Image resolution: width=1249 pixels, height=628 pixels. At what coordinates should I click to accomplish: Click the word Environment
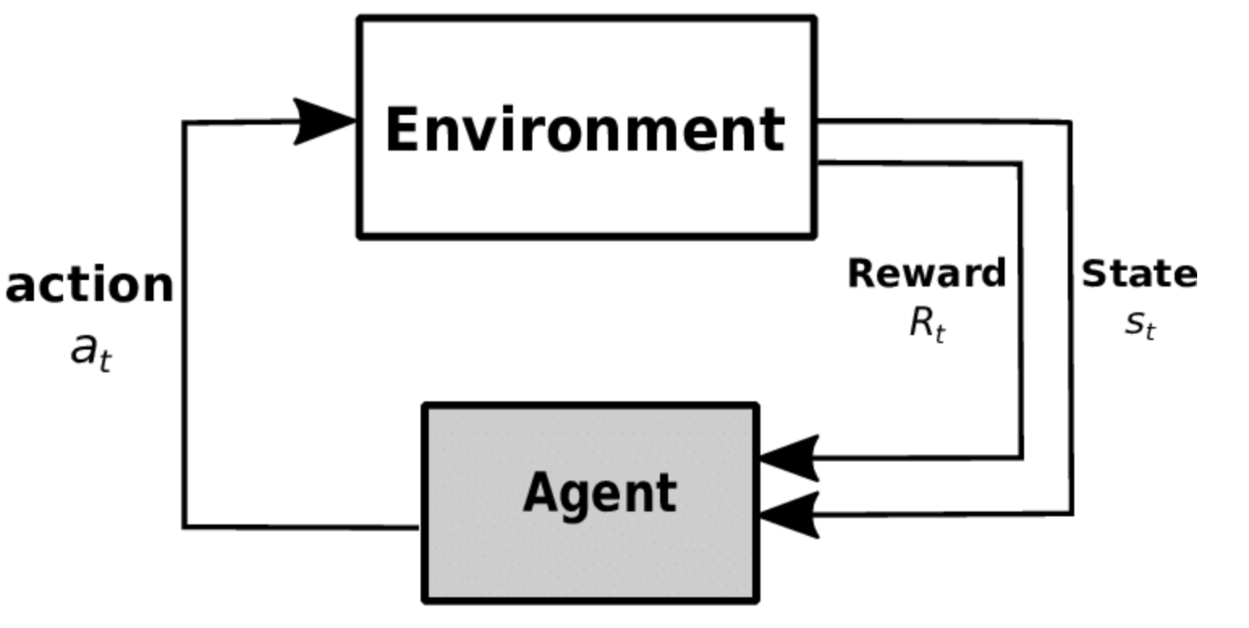tap(586, 129)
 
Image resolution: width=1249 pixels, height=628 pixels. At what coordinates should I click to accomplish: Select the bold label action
tap(89, 284)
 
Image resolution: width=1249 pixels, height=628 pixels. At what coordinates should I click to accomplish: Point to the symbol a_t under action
tap(91, 353)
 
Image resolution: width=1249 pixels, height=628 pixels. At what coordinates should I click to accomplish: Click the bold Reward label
tap(927, 274)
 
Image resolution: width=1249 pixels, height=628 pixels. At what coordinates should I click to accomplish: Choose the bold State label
tap(1139, 274)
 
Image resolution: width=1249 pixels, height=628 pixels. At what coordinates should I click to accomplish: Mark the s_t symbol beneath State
tap(1141, 324)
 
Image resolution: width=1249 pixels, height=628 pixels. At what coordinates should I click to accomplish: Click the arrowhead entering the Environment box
tap(324, 121)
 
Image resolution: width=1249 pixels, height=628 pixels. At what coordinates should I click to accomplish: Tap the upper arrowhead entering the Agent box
tap(789, 458)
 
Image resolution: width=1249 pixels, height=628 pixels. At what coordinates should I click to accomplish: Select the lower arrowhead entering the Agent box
tap(789, 516)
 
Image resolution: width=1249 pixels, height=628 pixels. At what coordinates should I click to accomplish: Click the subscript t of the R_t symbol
tap(940, 333)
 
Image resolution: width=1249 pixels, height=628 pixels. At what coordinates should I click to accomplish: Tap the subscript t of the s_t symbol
tap(1150, 329)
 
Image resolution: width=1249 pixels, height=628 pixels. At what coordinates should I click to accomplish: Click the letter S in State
tap(1094, 274)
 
